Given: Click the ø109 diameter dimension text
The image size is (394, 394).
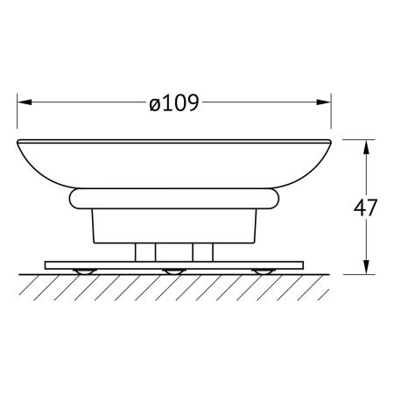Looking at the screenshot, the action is [x=174, y=102].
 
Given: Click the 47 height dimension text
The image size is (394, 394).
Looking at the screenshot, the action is [x=365, y=208].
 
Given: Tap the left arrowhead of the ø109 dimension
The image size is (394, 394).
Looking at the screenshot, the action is [x=25, y=102].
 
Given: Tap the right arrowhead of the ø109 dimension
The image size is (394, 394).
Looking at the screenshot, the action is [x=324, y=102].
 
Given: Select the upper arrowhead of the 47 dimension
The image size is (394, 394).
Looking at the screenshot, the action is [x=367, y=147].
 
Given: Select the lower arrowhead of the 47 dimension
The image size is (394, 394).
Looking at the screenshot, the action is [x=367, y=267].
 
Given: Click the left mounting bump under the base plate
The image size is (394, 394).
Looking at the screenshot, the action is [x=85, y=271].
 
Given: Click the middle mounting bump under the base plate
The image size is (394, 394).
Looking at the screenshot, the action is [x=174, y=271].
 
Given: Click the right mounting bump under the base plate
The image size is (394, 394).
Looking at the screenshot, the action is [x=264, y=271].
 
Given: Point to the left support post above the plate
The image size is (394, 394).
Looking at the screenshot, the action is [x=145, y=252].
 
